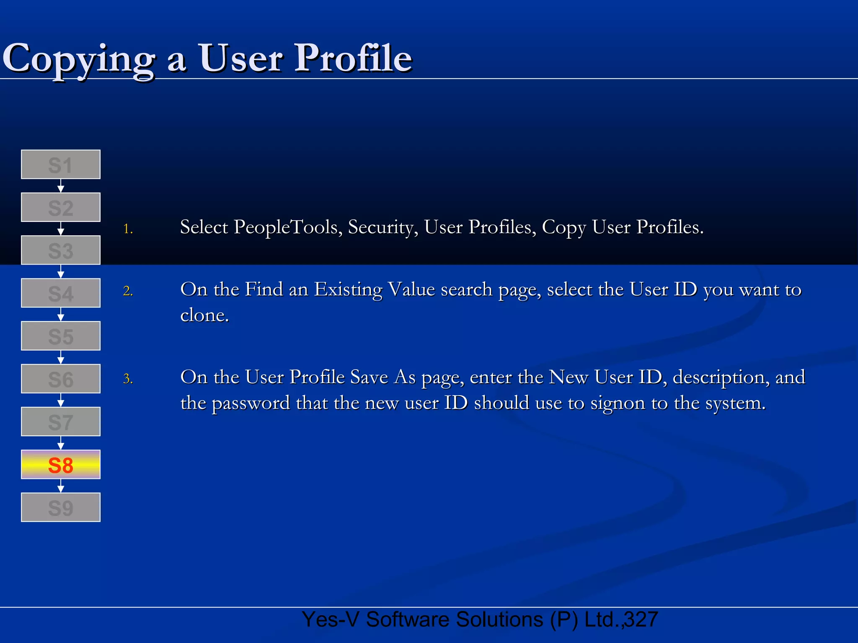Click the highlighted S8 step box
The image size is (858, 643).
[61, 465]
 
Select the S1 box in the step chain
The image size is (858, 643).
[61, 165]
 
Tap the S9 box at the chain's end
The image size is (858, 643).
[61, 507]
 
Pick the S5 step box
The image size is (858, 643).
[61, 336]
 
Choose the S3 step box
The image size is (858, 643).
[61, 250]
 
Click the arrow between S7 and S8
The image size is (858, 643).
[61, 443]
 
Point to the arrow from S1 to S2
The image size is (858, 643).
[61, 186]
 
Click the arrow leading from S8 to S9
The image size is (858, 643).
[61, 486]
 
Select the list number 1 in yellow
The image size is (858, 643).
[128, 229]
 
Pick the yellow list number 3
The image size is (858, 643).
[128, 379]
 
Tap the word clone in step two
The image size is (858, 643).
[204, 315]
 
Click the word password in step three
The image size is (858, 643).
[251, 404]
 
